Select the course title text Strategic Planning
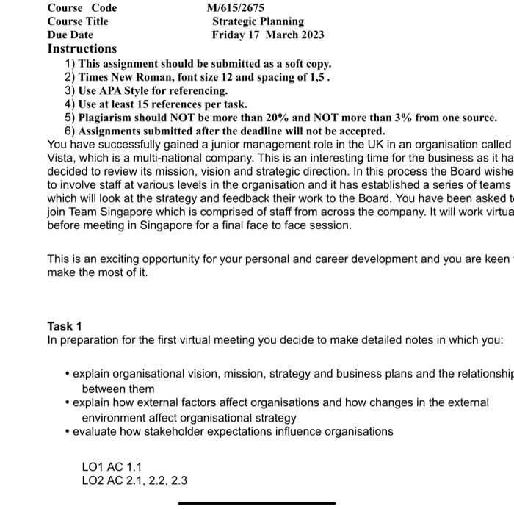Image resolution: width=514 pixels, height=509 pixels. click(258, 21)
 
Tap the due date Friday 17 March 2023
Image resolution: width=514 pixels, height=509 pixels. click(267, 35)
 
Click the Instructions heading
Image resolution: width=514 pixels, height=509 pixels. click(82, 49)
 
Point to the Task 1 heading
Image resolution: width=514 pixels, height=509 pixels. click(65, 326)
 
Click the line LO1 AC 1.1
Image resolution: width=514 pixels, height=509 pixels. click(112, 466)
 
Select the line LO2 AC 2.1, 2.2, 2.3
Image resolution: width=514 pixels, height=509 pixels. click(134, 480)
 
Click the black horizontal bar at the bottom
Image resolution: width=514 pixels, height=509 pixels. click(256, 503)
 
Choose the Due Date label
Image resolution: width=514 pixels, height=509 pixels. click(70, 35)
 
